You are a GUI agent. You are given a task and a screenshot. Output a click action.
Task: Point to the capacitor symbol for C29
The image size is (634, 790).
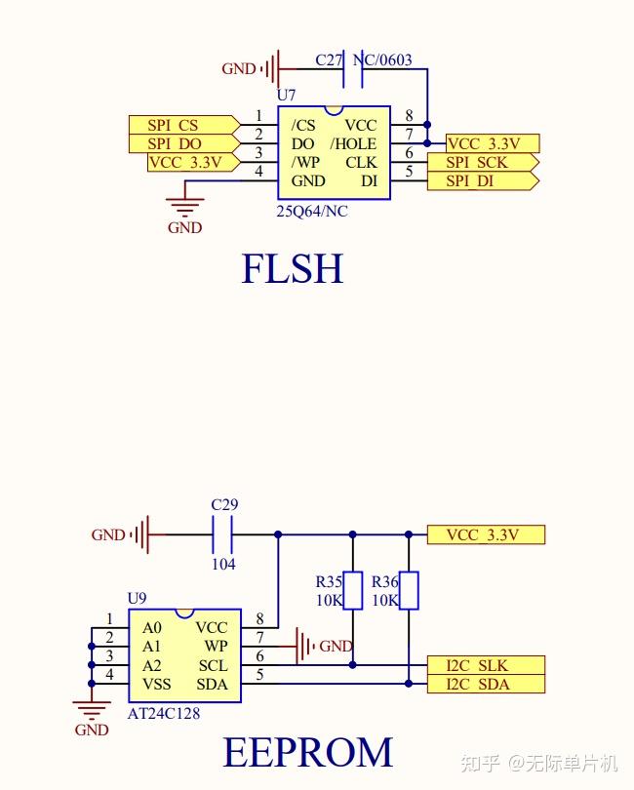(223, 534)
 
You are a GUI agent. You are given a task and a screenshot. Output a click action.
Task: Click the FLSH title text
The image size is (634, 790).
(293, 269)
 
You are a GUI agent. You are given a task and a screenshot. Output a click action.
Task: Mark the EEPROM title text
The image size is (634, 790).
(308, 753)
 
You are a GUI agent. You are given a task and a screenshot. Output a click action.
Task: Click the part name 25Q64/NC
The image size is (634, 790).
(312, 212)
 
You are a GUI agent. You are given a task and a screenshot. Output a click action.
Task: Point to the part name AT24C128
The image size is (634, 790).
(165, 713)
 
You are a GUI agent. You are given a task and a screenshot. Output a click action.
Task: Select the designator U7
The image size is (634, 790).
(286, 96)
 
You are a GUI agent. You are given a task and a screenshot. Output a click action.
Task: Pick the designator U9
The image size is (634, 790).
(138, 598)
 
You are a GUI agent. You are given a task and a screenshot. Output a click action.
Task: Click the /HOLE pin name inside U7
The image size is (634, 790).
(353, 143)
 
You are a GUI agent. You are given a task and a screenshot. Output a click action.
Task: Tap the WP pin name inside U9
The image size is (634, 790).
(216, 647)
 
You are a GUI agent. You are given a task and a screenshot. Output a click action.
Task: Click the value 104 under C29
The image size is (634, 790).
(223, 564)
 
